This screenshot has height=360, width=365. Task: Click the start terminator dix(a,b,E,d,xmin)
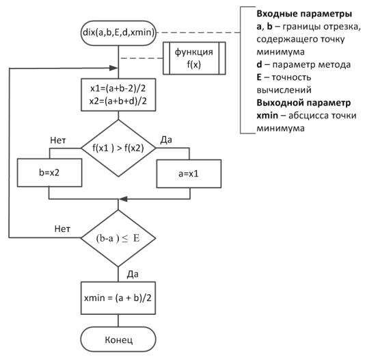pyautogui.click(x=118, y=33)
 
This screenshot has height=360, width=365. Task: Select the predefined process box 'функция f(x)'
pyautogui.click(x=194, y=58)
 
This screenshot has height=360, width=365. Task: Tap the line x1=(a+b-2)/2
pyautogui.click(x=118, y=88)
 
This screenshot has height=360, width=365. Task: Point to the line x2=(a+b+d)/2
pyautogui.click(x=118, y=101)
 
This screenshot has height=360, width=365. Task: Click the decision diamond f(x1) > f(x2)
pyautogui.click(x=118, y=149)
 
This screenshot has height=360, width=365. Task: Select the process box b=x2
pyautogui.click(x=50, y=172)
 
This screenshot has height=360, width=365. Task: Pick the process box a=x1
pyautogui.click(x=189, y=174)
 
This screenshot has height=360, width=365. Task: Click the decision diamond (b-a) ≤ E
pyautogui.click(x=118, y=238)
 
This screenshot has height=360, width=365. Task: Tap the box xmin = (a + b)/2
pyautogui.click(x=118, y=298)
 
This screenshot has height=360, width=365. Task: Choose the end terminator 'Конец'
pyautogui.click(x=118, y=339)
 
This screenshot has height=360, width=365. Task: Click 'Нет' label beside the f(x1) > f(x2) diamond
pyautogui.click(x=58, y=140)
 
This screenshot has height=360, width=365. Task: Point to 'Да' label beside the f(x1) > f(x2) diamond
pyautogui.click(x=166, y=140)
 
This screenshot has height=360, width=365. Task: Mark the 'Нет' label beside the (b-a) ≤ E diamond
pyautogui.click(x=62, y=229)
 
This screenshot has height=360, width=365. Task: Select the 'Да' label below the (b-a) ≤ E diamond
pyautogui.click(x=133, y=274)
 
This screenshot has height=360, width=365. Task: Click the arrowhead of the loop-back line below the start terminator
pyautogui.click(x=113, y=68)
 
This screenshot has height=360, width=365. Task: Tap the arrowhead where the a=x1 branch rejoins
pyautogui.click(x=123, y=199)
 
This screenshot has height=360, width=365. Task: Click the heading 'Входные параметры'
pyautogui.click(x=304, y=14)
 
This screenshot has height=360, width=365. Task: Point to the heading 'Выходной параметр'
pyautogui.click(x=303, y=103)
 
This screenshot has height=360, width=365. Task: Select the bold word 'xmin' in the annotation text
pyautogui.click(x=267, y=116)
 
